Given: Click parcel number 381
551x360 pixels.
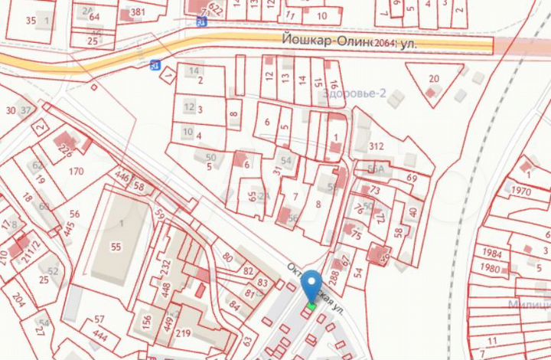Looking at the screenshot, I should [x=138, y=12].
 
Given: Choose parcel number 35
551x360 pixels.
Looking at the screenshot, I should [x=31, y=20].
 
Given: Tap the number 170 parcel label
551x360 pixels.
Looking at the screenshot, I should [x=76, y=172].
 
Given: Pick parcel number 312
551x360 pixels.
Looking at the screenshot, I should [x=376, y=146].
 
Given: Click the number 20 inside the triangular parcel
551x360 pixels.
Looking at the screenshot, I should [x=434, y=79].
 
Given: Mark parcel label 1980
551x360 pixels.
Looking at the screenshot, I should [x=491, y=268].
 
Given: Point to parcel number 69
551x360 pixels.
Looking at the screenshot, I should [x=412, y=178].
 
